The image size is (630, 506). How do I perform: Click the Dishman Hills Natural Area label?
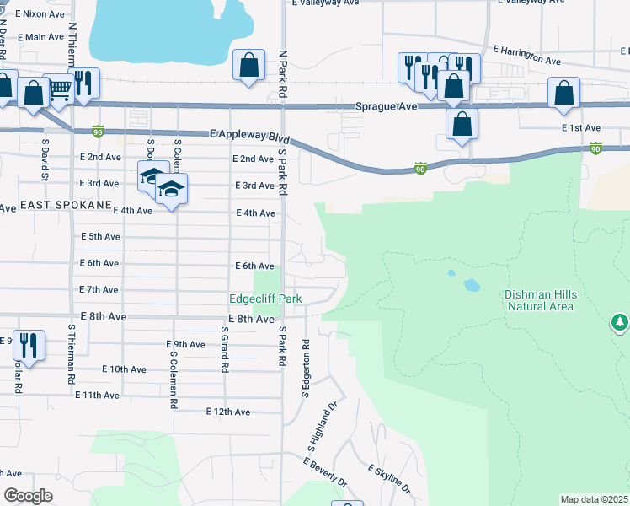(x=540, y=300)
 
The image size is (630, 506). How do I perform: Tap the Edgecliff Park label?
(x=265, y=299)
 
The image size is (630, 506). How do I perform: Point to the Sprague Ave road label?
(x=386, y=107)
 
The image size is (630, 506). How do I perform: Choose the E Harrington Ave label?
(x=527, y=55)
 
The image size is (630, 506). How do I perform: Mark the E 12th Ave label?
(x=228, y=412)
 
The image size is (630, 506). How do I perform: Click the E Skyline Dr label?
(x=389, y=478)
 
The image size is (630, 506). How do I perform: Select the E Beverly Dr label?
(x=325, y=474)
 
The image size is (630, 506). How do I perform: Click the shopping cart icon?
(x=59, y=88)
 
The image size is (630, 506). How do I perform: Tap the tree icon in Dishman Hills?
(x=620, y=323)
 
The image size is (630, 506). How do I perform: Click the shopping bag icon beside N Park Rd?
(x=249, y=65)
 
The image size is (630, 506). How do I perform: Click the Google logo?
(x=29, y=496)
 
